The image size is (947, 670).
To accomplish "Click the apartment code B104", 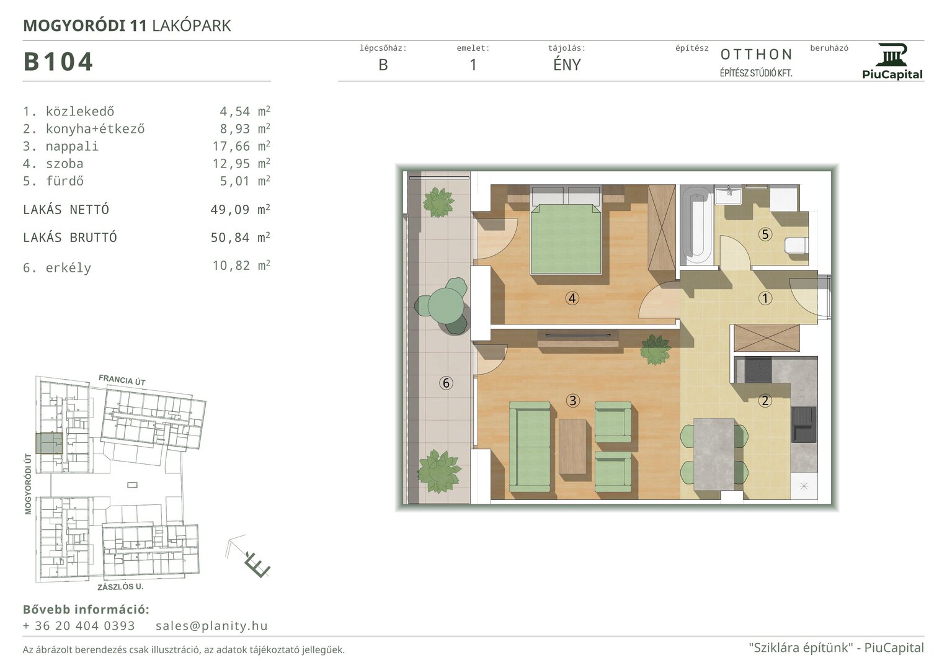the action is (58, 62).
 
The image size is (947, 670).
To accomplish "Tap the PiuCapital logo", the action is (892, 61).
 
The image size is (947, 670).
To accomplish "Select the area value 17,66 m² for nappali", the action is (241, 146).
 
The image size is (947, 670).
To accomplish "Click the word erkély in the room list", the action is (68, 268).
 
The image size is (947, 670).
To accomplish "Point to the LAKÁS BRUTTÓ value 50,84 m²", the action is (241, 237).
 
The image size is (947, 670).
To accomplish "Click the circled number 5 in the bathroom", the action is (765, 234).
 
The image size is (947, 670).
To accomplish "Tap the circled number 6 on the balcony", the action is (446, 383).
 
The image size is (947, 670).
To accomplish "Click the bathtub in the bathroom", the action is (696, 225).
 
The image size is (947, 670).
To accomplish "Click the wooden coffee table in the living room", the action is (572, 447).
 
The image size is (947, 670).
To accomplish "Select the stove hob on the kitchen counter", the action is (758, 370).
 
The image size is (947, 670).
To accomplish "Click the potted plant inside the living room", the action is (655, 349).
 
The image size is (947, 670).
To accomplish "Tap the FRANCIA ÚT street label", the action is (122, 380).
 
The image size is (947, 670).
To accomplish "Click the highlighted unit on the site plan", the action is (49, 444).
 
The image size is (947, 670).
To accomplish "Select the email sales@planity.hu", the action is (211, 625).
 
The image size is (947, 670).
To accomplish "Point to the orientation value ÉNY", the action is (567, 65).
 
